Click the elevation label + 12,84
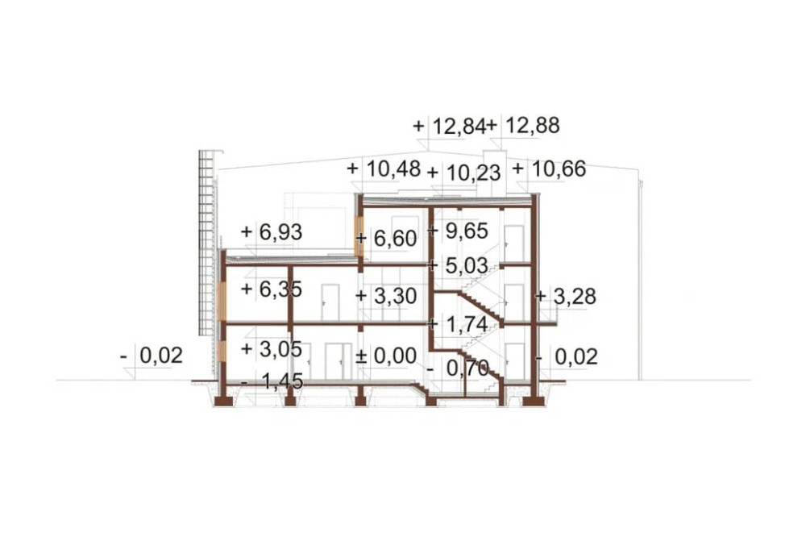click(449, 126)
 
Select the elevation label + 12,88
click(523, 126)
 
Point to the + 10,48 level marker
click(384, 169)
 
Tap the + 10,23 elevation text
click(464, 173)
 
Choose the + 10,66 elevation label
click(550, 169)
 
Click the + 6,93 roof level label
click(272, 232)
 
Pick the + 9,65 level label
click(458, 231)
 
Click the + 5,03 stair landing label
click(458, 265)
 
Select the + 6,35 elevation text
click(272, 289)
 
